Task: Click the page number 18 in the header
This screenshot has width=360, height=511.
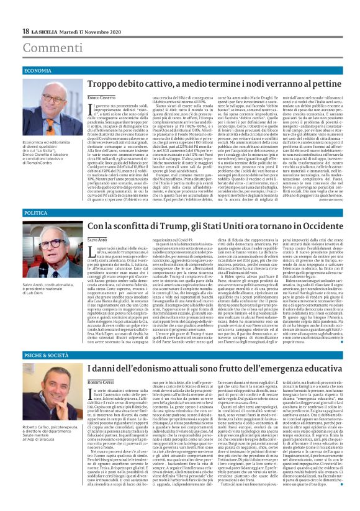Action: click(x=25, y=31)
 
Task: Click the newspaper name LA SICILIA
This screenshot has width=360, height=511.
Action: click(x=45, y=31)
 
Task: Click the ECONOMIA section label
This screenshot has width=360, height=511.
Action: click(x=38, y=71)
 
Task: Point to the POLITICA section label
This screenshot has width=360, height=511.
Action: click(x=36, y=213)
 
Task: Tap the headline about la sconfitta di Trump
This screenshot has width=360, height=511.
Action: click(x=208, y=227)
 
